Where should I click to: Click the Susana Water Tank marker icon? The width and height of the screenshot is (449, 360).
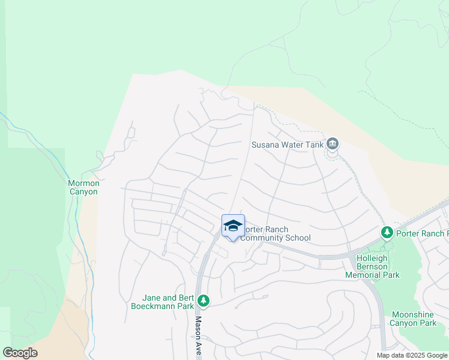[x=333, y=144]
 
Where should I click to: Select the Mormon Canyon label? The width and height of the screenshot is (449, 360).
[x=82, y=187]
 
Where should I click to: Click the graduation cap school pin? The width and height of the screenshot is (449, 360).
[x=233, y=226]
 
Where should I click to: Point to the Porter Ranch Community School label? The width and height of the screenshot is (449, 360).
[x=276, y=234]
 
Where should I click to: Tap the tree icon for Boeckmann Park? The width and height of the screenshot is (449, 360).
[x=204, y=301]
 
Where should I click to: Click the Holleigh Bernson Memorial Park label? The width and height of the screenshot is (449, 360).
[x=372, y=266]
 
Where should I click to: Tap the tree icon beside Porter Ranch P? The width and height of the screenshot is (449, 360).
[x=387, y=233]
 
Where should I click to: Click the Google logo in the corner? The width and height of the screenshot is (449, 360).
[x=20, y=353]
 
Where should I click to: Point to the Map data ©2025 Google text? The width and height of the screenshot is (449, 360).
[x=412, y=355]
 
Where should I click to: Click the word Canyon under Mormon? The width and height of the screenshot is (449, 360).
[x=82, y=192]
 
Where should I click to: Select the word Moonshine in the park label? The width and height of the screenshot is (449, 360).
[x=413, y=314]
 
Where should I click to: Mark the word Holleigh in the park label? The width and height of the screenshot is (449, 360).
[x=372, y=258]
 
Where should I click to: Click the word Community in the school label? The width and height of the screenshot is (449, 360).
[x=265, y=238]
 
